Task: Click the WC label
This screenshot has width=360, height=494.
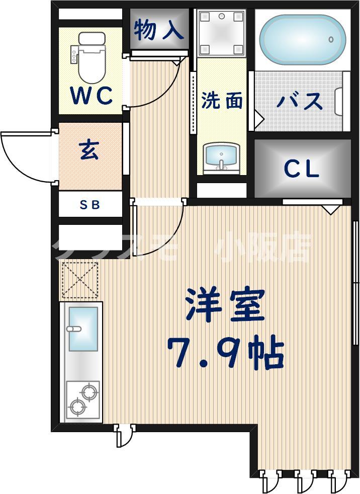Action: point(91,96)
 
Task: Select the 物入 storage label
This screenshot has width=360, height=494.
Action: point(159,30)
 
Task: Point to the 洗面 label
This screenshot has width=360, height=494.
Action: point(222,101)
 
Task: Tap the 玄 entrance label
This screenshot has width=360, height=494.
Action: point(89,150)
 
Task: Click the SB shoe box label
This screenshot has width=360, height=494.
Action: point(91,205)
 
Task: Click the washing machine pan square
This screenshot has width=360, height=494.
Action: point(221,32)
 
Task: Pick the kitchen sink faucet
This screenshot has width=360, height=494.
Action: point(73,329)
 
